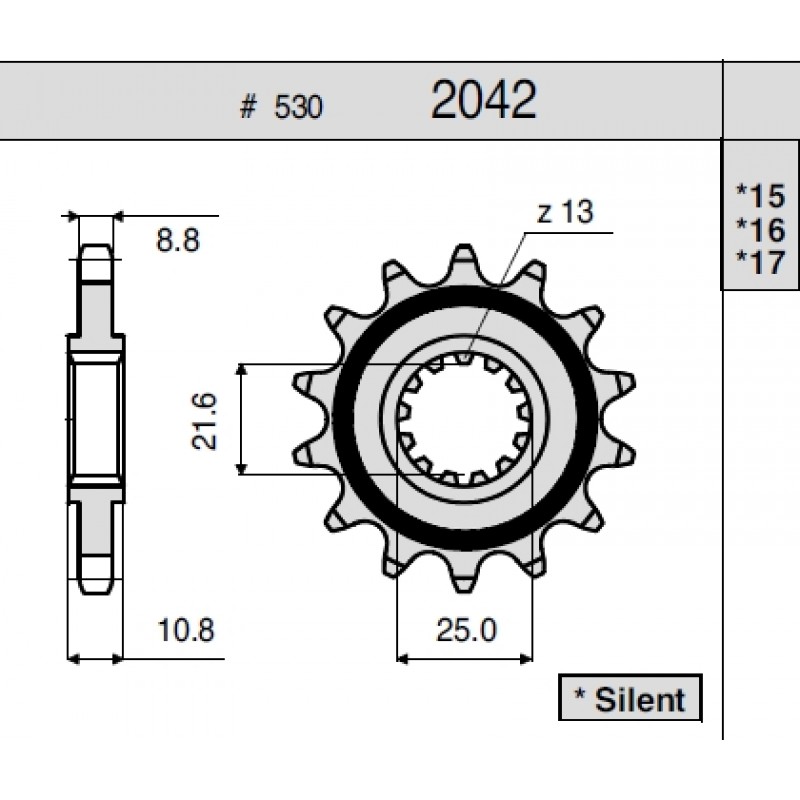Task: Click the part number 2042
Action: click(x=484, y=99)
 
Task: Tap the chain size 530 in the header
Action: click(x=298, y=107)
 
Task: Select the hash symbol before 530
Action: click(x=248, y=107)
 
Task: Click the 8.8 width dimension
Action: click(x=178, y=240)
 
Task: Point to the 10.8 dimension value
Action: click(x=186, y=630)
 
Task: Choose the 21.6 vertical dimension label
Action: click(x=205, y=421)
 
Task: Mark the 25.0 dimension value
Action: click(x=466, y=630)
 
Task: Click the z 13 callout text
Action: click(x=565, y=212)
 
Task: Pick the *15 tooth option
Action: click(x=760, y=196)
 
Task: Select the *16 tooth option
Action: click(x=760, y=230)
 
